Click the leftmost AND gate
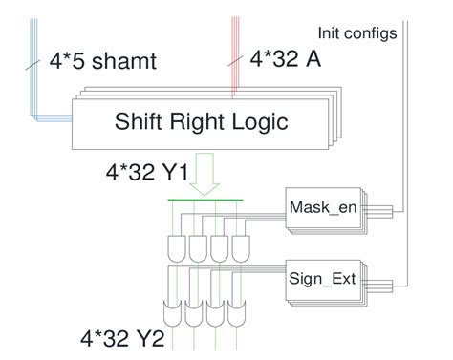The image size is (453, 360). coord(179,249)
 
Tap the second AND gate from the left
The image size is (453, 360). coord(199,249)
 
